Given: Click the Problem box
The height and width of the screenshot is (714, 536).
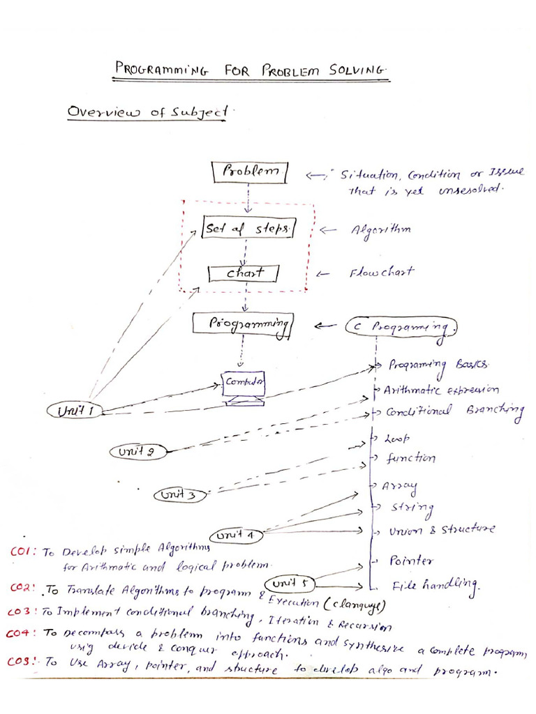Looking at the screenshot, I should coord(249,172).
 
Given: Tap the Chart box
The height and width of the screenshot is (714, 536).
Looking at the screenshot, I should coord(245,273).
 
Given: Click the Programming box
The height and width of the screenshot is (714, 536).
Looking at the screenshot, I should coord(244,324).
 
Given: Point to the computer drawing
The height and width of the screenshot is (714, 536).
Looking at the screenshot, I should coord(243,388).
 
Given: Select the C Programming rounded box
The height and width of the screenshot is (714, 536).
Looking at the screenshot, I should coord(401,326).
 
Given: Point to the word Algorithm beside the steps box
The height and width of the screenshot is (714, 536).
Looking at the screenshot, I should coord(381,229).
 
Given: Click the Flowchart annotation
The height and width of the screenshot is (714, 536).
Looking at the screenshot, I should coord(381,273).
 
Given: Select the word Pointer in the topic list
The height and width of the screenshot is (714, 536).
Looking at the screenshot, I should coord(411,561).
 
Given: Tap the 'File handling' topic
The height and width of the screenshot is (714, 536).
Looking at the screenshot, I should coord(433,585).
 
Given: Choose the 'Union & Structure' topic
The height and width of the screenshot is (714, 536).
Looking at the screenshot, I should coord(441,530).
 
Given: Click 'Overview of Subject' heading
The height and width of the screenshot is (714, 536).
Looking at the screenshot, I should coord(147,112).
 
